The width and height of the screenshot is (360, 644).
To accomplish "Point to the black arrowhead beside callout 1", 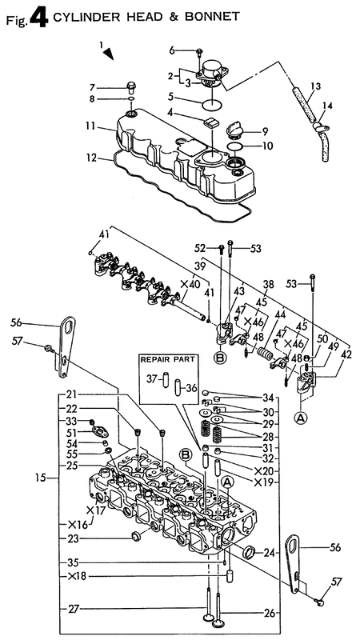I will coord(109,54).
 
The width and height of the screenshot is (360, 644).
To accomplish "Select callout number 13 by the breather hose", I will coord(314,86).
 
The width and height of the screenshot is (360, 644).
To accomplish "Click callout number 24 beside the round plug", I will coord(269,552).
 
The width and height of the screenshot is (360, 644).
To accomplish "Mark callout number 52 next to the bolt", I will coord(202,246).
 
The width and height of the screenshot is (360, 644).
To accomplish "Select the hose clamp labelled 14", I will coord(321,124).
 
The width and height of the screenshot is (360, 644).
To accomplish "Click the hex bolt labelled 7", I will coord(130,86).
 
